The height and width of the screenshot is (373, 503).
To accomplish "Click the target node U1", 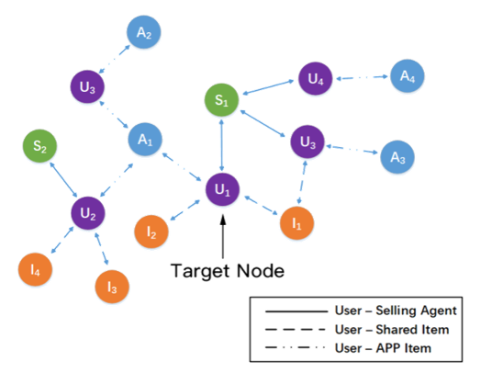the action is (222, 189).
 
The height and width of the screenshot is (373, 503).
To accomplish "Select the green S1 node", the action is (221, 100).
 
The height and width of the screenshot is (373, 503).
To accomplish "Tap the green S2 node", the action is (39, 146).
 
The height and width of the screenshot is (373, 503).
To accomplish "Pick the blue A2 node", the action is (144, 32).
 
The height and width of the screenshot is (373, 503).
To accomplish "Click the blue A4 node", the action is (408, 76).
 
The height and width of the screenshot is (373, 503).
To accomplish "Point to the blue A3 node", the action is (397, 157).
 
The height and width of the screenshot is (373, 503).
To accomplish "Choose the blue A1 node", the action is (145, 140).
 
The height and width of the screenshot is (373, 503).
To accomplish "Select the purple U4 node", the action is (316, 78).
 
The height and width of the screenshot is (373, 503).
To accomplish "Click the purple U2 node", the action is (88, 213).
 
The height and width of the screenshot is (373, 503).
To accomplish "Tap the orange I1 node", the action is (296, 223).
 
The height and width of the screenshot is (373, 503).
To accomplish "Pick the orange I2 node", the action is (151, 232).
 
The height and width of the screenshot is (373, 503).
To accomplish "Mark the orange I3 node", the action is (112, 287).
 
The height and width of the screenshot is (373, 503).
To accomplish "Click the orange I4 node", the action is (35, 269).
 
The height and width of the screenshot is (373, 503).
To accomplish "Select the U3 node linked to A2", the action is (87, 86).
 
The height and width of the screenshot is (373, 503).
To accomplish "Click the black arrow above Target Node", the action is (223, 237).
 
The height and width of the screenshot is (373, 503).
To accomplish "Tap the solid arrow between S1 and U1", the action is (221, 145).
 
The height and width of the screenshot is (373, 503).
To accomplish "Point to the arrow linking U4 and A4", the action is (362, 77).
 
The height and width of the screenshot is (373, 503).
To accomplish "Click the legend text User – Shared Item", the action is (392, 330).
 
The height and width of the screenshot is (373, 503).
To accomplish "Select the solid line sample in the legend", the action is (296, 311).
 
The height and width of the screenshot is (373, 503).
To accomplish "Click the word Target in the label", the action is (199, 271).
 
